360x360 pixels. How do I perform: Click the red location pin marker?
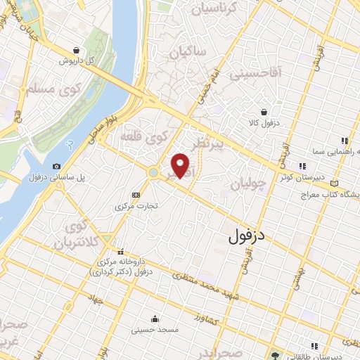pos(181,166)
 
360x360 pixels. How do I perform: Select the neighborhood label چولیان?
pos(248,185)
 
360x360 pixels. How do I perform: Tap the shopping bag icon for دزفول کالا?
pos(264,112)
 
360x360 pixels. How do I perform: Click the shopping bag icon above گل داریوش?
pos(76,50)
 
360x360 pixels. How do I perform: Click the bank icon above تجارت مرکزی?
pos(136,195)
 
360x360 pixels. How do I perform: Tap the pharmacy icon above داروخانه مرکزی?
pos(121,252)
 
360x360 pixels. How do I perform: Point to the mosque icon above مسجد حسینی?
pos(155,318)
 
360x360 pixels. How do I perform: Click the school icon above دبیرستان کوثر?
pos(302,166)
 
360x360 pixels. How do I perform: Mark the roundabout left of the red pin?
pos(153,172)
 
